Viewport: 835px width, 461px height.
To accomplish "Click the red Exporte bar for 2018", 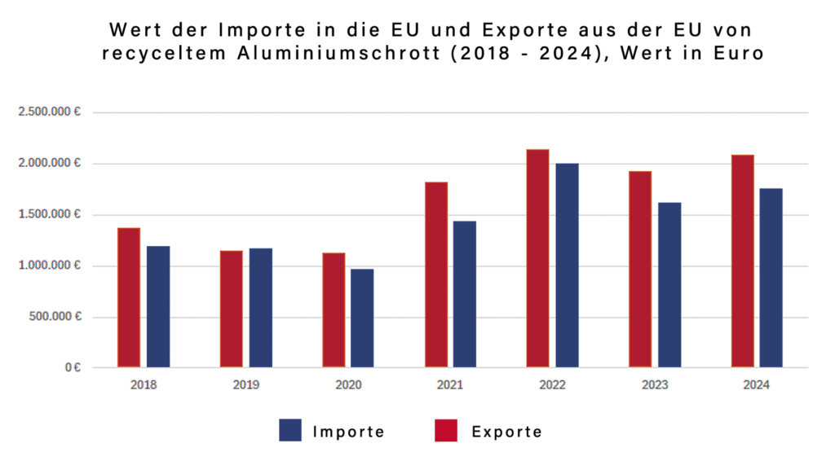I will pos(129,297).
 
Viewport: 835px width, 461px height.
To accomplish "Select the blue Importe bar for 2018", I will pos(158,306).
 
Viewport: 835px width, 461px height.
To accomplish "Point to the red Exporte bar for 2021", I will pos(436,274).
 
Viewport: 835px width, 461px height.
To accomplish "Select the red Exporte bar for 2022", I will pos(537,258).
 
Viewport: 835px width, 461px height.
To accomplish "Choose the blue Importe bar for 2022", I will pos(567,266).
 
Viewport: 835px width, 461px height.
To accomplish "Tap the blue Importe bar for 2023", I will pos(669,285).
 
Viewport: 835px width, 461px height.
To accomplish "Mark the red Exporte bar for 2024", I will pos(742,261).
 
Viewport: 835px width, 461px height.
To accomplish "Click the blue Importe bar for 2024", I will pos(771,278).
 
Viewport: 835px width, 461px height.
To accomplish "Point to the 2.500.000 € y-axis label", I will pos(51,112).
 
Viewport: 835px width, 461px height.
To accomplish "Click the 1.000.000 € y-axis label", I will pos(51,266).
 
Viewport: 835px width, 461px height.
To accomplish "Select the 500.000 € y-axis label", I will pos(55,317).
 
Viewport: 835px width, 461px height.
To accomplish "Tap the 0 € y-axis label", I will pos(72,368).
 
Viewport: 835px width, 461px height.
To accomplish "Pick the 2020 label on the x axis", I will pos(348,384).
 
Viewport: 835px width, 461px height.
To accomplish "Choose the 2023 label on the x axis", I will pos(655,384).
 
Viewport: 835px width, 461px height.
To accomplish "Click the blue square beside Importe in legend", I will pos(290,430).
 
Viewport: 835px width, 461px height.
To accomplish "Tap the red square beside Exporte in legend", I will pos(446,430).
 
